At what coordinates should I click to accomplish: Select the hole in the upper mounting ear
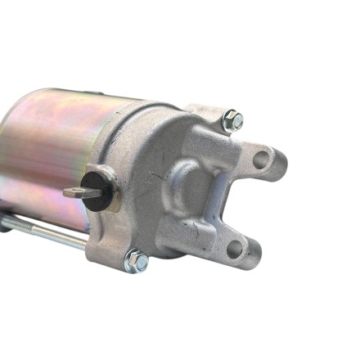[x=261, y=159]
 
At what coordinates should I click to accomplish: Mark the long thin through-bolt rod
[x=49, y=234]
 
